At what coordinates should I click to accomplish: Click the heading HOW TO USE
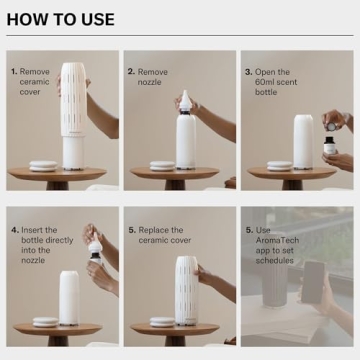point(61,19)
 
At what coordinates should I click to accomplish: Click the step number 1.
point(14,72)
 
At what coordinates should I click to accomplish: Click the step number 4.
point(14,229)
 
